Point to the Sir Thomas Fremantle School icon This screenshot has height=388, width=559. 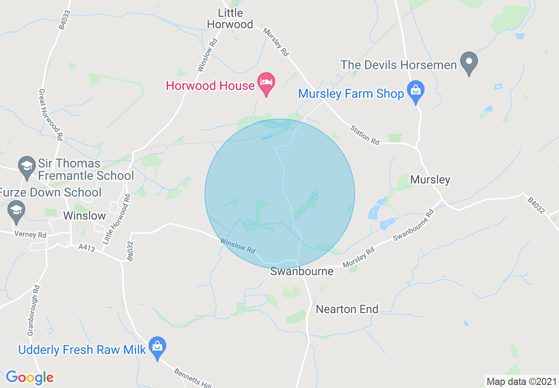click(27, 167)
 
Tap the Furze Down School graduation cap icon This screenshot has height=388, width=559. click(17, 211)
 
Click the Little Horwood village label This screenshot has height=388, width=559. click(230, 19)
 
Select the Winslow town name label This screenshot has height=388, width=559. click(85, 216)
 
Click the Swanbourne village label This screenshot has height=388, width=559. click(302, 271)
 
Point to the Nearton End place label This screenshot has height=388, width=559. click(347, 309)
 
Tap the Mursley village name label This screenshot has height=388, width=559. click(430, 179)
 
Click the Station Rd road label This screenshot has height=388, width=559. click(365, 134)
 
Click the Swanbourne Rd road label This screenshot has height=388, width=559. click(414, 228)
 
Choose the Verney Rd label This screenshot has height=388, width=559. click(30, 235)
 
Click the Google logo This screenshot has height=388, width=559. click(30, 377)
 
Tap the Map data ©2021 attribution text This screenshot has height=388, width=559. click(522, 381)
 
